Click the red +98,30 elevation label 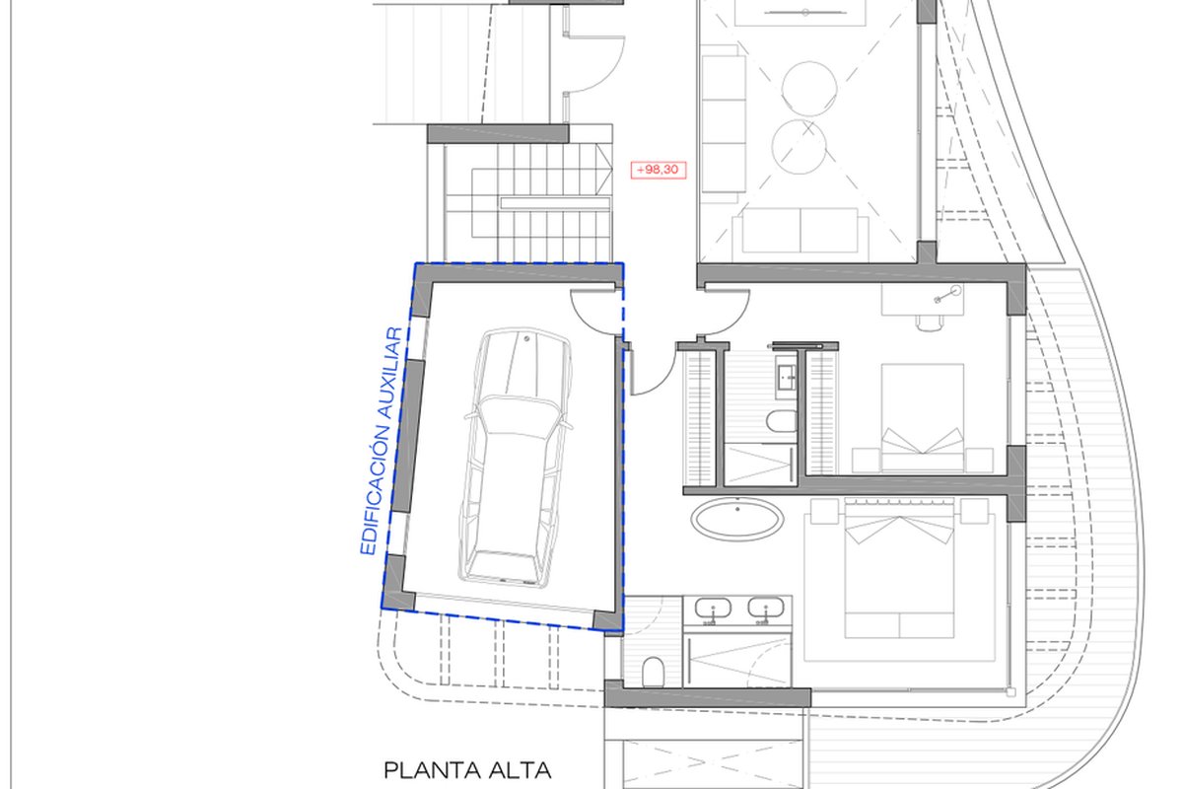point(659,170)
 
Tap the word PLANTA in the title point(432,771)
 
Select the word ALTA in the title point(521,771)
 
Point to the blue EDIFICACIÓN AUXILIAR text point(382,441)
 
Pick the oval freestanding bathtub point(737,519)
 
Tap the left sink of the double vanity point(713,609)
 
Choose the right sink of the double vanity point(766,608)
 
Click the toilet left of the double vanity point(654,672)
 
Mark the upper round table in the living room point(809,88)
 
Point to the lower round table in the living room point(800,146)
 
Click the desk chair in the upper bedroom point(930,322)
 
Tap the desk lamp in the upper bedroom point(949,294)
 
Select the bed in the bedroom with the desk point(922,417)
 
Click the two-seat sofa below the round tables point(800,231)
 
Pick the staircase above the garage point(528,202)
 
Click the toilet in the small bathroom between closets point(782,421)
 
